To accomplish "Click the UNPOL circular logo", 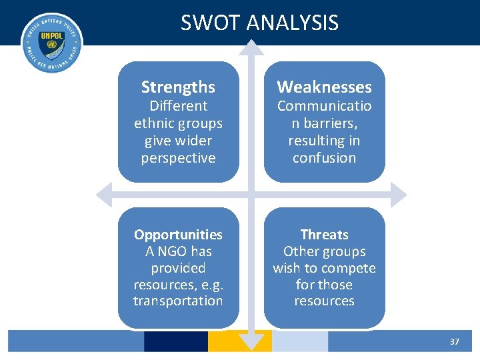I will click(x=51, y=43).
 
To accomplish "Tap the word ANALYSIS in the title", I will click(x=292, y=23).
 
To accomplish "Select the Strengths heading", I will click(x=178, y=87).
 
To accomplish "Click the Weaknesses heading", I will click(x=324, y=87).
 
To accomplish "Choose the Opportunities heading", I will click(x=178, y=235).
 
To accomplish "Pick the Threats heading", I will click(x=324, y=235).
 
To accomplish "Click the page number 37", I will click(x=455, y=341).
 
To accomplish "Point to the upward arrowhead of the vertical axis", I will click(x=251, y=47).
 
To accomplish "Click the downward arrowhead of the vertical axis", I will click(x=251, y=343).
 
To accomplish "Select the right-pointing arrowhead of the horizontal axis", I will click(x=398, y=195).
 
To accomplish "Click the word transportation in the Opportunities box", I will click(x=178, y=301).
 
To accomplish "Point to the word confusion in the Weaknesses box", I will click(x=324, y=158).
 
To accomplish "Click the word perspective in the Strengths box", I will click(x=178, y=158).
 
